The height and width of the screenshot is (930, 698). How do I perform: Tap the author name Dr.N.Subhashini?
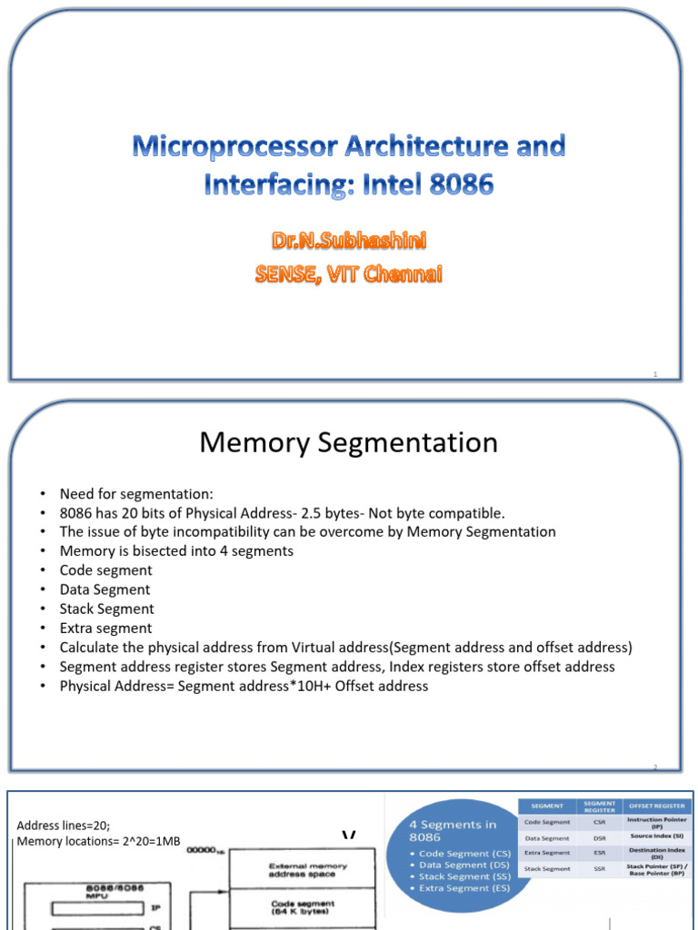click(349, 241)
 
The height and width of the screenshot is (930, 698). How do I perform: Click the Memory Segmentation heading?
click(349, 442)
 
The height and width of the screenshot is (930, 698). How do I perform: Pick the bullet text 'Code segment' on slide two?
click(105, 570)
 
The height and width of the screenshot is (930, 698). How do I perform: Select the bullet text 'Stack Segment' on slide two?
click(106, 608)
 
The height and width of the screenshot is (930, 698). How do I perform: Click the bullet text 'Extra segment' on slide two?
click(105, 628)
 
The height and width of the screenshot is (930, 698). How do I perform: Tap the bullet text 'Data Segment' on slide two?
click(105, 589)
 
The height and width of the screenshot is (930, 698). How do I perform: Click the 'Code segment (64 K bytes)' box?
click(303, 907)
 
